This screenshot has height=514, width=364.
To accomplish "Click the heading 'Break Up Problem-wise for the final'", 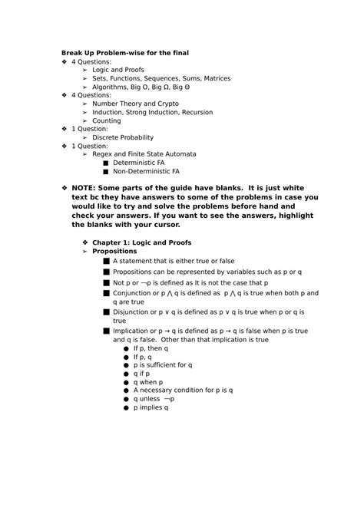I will (125, 52).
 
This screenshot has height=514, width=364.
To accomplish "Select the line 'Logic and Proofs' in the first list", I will (118, 70).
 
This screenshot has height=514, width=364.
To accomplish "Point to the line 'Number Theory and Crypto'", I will (135, 104).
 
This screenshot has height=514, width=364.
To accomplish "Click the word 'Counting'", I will (107, 120).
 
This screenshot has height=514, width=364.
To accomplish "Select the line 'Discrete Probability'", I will (123, 137).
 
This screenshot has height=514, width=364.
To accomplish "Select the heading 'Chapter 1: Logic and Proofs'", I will (142, 242).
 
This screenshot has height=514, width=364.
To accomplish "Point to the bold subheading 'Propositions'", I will (114, 251).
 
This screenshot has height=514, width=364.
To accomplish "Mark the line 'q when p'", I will (148, 382).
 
